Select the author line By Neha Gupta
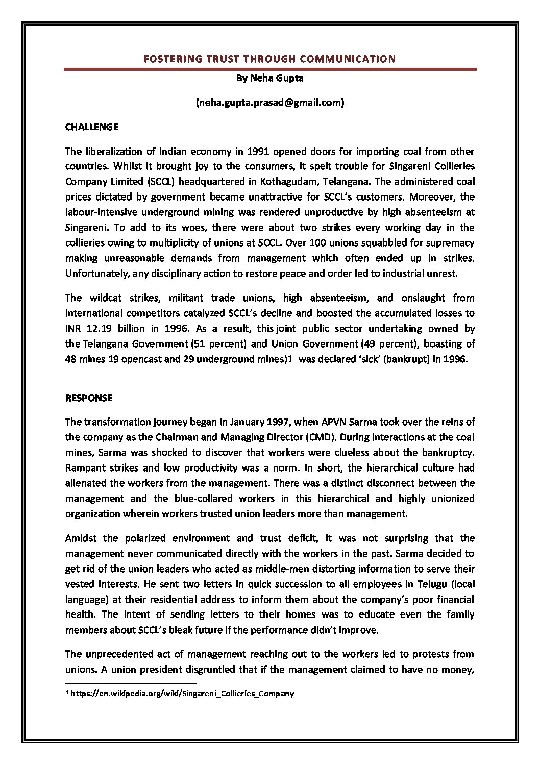[x=270, y=78]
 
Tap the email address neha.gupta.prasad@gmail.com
[x=270, y=103]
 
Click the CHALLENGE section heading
[x=92, y=127]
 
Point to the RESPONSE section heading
[x=89, y=398]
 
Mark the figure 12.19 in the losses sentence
[x=97, y=328]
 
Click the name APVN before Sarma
[x=334, y=422]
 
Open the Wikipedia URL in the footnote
[x=182, y=693]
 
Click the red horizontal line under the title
[x=270, y=69]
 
